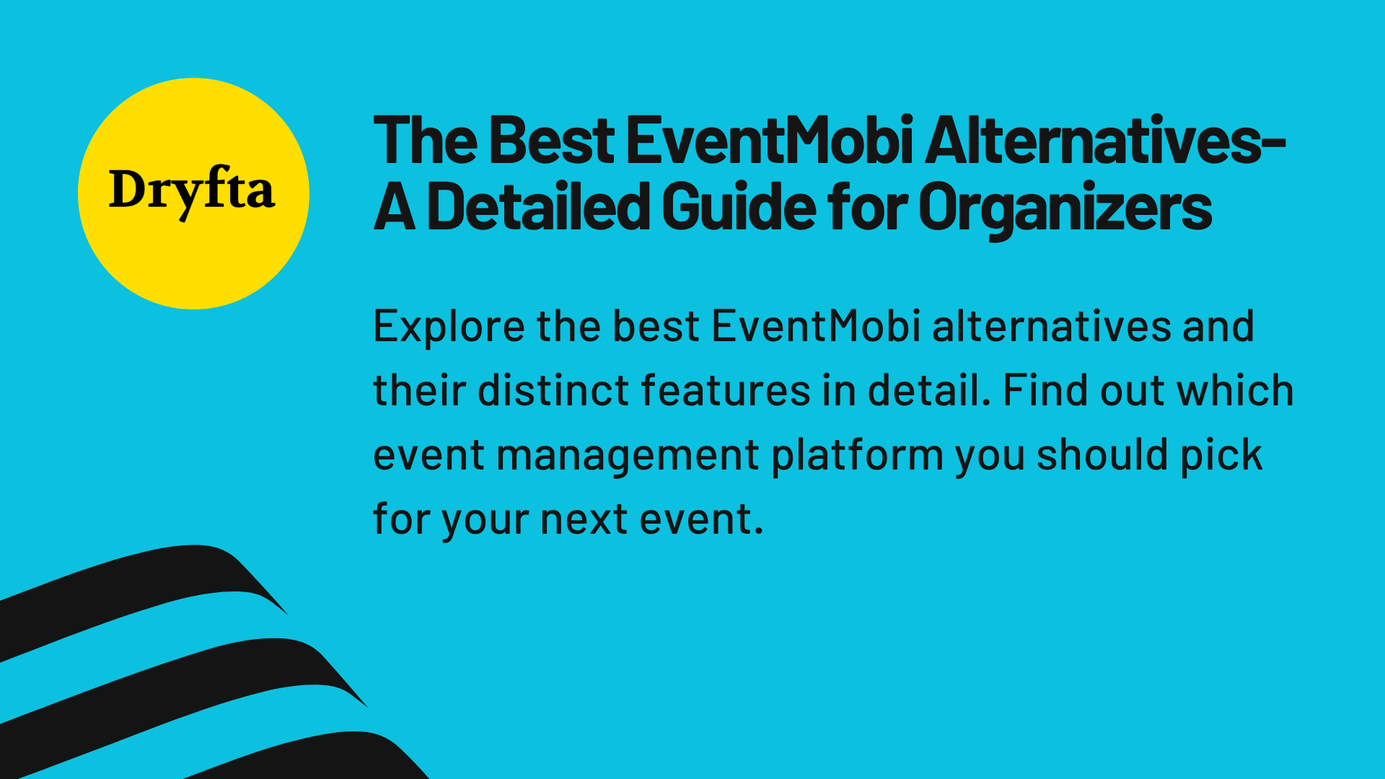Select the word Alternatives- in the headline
coord(1104,141)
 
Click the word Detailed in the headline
coord(538,208)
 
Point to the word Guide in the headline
coord(738,208)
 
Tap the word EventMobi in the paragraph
coord(816,327)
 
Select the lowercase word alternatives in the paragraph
coord(1051,327)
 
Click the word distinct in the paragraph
coord(553,391)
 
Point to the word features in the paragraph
coord(726,391)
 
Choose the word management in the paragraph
coord(628,457)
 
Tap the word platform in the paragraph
coord(857,457)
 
